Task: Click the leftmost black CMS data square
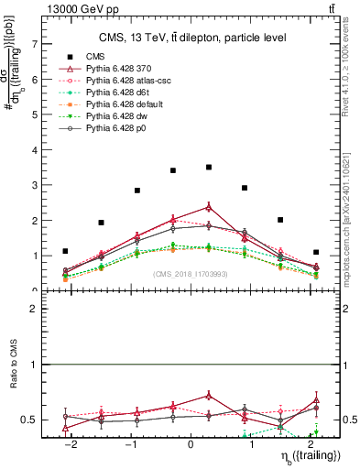click(65, 251)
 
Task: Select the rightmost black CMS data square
click(315, 252)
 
